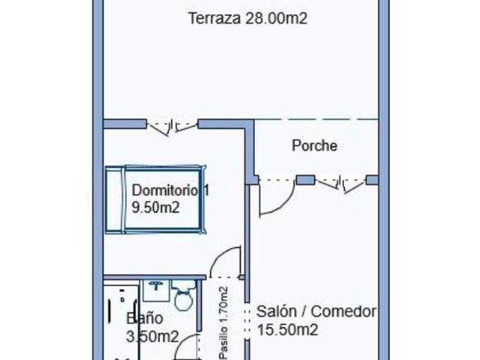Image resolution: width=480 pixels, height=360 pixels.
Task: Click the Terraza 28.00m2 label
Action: tap(247, 18)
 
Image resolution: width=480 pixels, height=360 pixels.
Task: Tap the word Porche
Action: tap(314, 145)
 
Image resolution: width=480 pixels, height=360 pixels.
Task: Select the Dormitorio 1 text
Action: tap(170, 190)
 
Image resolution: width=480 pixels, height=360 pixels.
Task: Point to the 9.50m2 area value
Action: tap(155, 207)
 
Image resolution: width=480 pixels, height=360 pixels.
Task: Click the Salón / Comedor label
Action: tap(316, 311)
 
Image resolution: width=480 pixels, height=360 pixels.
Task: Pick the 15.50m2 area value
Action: tap(287, 330)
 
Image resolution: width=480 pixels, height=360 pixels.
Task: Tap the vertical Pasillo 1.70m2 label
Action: tap(223, 322)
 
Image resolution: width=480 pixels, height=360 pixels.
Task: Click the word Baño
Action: tap(145, 318)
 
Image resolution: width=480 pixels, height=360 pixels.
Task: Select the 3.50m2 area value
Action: tap(152, 337)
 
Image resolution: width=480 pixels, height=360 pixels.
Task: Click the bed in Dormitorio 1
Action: tap(155, 199)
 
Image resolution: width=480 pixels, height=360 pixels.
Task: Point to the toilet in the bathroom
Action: tap(183, 296)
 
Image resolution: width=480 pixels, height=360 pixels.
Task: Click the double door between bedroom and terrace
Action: tap(173, 127)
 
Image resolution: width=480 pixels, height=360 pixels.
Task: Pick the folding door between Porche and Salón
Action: tap(341, 184)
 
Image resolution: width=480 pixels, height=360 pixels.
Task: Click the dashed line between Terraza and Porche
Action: tap(316, 119)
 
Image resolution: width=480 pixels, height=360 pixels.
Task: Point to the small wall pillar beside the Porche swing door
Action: tap(305, 180)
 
